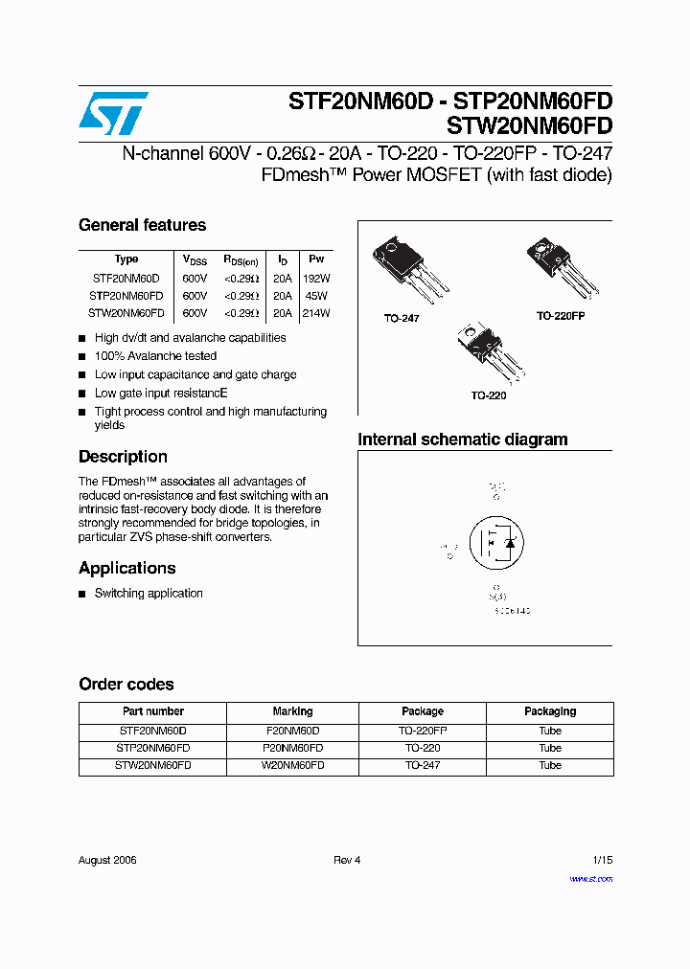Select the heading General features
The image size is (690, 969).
[142, 226]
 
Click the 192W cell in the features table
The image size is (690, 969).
[315, 278]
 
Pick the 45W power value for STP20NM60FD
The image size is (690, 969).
[315, 296]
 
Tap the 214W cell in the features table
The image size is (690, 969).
[315, 313]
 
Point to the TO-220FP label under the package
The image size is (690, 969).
[560, 315]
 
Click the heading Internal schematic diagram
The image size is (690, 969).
[462, 440]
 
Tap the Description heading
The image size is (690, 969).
[123, 457]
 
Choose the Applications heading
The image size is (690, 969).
[126, 568]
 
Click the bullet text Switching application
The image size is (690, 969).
[149, 594]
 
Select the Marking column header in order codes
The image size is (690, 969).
[292, 711]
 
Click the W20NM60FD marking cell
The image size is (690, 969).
[292, 766]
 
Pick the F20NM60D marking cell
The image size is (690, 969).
[292, 731]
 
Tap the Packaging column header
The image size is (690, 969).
[550, 711]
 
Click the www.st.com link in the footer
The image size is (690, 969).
[590, 878]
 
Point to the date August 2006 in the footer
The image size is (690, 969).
[107, 860]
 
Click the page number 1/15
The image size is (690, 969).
[602, 860]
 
